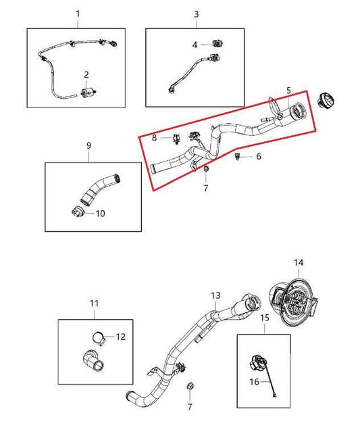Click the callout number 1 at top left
pos(78,14)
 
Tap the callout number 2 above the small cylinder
pos(86,74)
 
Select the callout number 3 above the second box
pos(196,14)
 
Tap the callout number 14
pos(299,262)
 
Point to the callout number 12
pos(121,336)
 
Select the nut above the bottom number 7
pos(189,387)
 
